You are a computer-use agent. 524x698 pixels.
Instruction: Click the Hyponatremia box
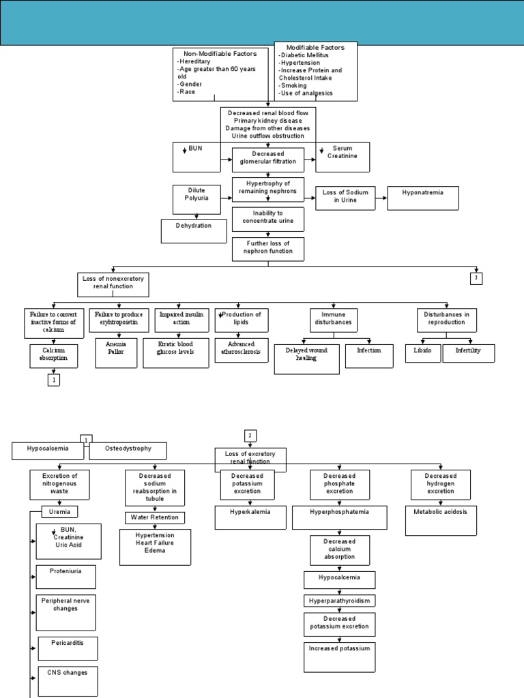pos(423,198)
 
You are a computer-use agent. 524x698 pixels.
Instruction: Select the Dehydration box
pos(194,230)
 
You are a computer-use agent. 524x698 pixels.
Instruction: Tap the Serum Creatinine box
pos(343,157)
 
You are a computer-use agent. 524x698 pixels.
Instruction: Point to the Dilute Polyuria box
pos(196,198)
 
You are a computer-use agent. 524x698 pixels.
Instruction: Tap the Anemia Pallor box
pos(116,352)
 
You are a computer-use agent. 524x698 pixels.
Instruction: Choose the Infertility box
pos(468,352)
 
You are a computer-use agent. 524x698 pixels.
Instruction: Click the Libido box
pos(422,352)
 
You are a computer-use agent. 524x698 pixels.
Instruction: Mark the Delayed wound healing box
pos(306,359)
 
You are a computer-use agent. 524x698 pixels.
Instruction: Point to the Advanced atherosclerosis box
pos(242,352)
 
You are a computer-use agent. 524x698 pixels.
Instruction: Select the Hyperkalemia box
pos(250,517)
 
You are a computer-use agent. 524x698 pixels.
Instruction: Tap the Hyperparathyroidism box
pos(339,601)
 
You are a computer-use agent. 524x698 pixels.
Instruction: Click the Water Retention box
pos(155,517)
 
